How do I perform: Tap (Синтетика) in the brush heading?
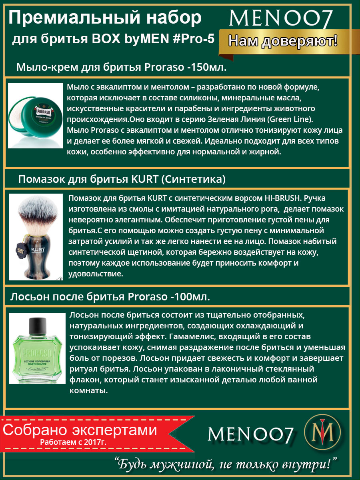pos(193,180)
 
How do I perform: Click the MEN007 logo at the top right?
pos(281,19)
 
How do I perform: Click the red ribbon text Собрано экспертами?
pos(80,430)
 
